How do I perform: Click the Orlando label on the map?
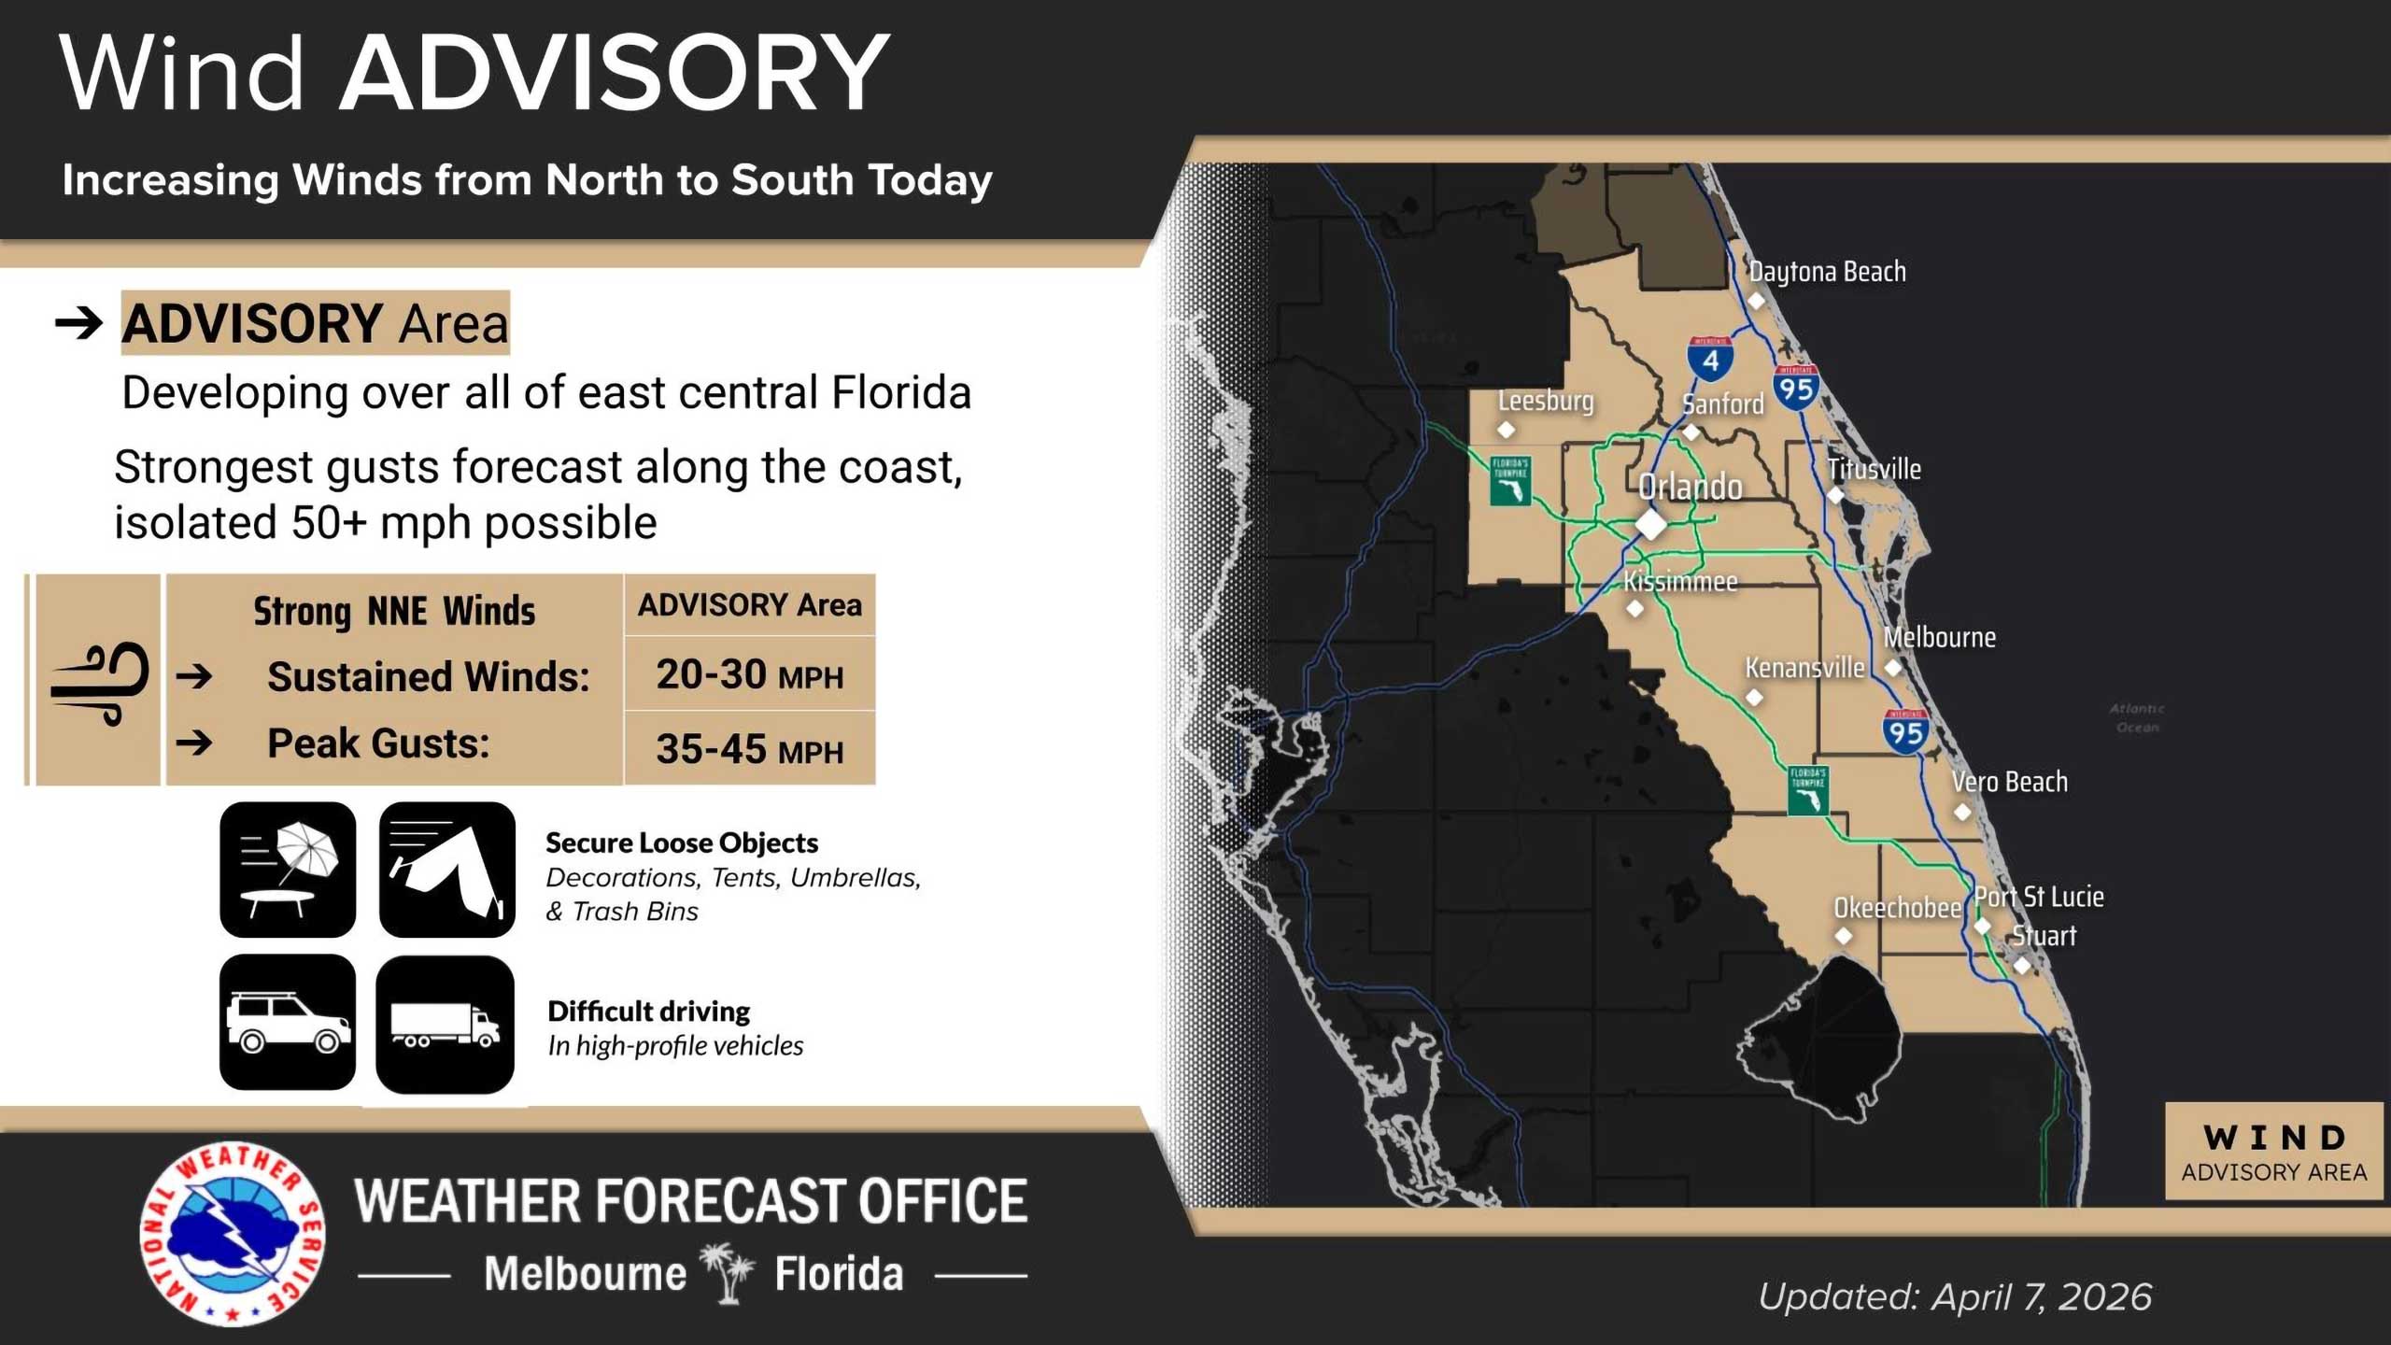click(x=1690, y=487)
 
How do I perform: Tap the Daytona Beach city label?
click(x=1827, y=272)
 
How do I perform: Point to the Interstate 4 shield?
click(x=1710, y=360)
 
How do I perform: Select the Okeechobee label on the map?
click(x=1897, y=908)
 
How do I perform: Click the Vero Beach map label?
click(x=2009, y=782)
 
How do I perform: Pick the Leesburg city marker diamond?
click(x=1506, y=430)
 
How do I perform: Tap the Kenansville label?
click(x=1804, y=668)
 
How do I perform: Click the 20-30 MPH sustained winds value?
click(x=749, y=674)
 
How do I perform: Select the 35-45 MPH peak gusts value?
click(x=749, y=749)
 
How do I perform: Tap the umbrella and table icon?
click(x=288, y=870)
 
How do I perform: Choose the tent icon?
click(x=447, y=870)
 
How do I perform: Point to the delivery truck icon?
click(x=445, y=1025)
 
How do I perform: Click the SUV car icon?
click(x=288, y=1023)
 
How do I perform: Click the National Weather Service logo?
click(x=233, y=1233)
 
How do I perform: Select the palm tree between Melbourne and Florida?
click(x=729, y=1272)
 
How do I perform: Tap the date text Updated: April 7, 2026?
click(x=1955, y=1296)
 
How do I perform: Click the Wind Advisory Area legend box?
click(x=2273, y=1152)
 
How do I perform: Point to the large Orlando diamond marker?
click(x=1650, y=524)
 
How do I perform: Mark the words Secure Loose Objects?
click(x=682, y=842)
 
